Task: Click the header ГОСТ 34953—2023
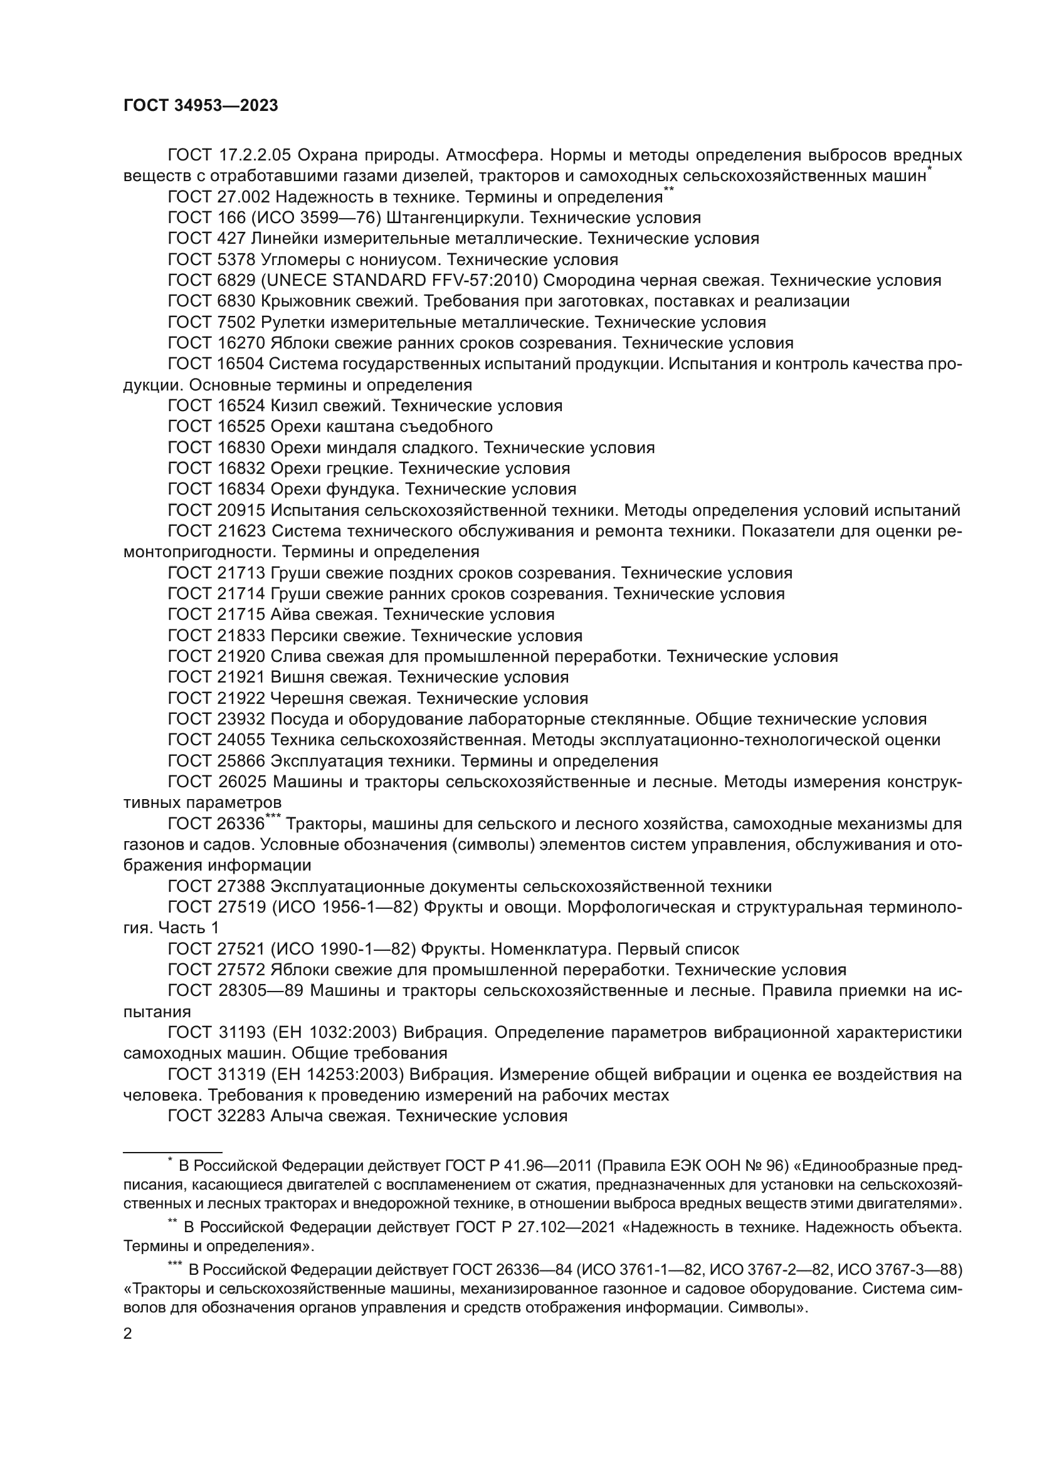click(201, 106)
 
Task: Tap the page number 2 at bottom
click(128, 1333)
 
